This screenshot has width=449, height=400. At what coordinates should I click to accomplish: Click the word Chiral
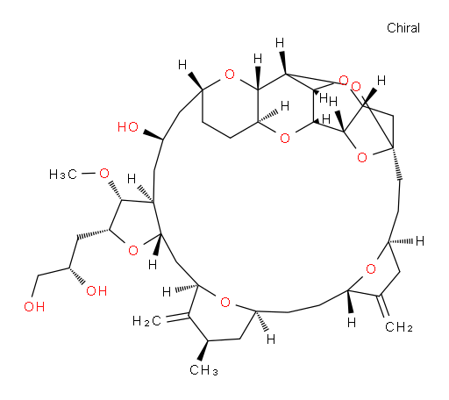click(403, 28)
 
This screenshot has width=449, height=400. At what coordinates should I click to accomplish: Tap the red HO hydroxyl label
click(128, 127)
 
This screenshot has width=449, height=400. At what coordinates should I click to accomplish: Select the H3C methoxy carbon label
click(63, 175)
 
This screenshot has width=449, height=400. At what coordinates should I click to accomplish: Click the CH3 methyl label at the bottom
click(203, 370)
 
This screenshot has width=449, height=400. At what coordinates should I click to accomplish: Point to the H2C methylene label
click(146, 321)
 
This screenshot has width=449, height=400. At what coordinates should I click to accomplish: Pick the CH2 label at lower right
click(399, 326)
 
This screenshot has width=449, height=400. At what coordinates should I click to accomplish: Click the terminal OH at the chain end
click(34, 306)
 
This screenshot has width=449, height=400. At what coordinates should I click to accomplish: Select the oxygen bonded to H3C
click(104, 174)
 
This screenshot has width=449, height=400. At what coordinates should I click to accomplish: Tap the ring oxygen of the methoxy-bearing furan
click(133, 251)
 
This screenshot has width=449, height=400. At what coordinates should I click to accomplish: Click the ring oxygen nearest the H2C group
click(225, 303)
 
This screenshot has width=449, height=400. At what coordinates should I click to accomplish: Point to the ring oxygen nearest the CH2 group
click(371, 268)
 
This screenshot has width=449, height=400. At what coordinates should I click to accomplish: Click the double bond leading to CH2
click(383, 306)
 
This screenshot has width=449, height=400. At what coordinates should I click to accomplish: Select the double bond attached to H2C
click(177, 318)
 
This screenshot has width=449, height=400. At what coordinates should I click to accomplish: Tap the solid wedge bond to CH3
click(203, 350)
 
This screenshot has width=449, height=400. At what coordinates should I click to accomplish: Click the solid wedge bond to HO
click(153, 135)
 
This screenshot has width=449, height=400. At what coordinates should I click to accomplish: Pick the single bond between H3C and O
click(89, 174)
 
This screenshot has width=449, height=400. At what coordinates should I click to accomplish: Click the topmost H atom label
click(280, 43)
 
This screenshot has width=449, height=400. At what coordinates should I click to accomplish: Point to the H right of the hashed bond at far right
click(420, 241)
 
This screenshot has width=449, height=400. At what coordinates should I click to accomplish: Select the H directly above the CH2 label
click(352, 323)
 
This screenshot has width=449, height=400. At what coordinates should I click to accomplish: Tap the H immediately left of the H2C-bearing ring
click(167, 292)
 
